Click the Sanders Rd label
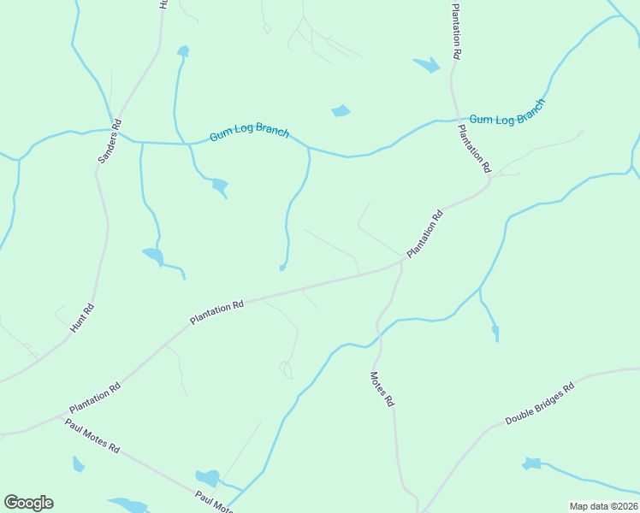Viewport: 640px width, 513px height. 110,142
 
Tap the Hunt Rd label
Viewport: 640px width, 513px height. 83,317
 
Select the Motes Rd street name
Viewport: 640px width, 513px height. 382,388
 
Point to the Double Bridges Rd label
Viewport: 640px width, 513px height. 539,404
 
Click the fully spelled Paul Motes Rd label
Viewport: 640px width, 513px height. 92,436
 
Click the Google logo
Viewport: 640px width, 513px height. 28,503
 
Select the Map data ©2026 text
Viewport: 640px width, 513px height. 602,506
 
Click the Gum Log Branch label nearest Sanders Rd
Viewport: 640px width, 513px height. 250,134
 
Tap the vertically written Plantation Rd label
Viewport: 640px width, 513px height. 457,30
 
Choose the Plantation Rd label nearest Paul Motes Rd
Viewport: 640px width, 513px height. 95,398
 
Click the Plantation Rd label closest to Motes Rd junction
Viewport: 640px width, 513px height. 425,233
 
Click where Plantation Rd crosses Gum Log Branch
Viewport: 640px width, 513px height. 454,121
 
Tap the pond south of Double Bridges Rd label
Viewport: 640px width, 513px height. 532,464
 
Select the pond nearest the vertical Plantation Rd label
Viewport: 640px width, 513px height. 426,64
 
